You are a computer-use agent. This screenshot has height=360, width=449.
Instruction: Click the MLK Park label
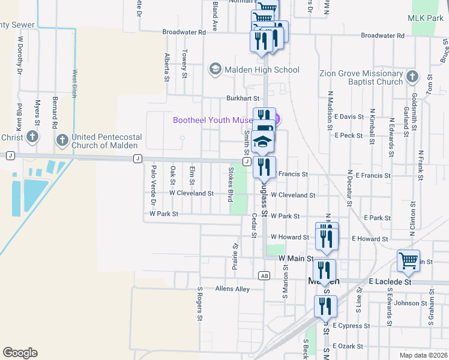(x=426, y=19)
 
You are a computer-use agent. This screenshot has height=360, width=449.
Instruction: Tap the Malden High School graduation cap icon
(x=214, y=70)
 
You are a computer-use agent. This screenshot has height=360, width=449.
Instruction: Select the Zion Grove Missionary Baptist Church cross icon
(x=412, y=76)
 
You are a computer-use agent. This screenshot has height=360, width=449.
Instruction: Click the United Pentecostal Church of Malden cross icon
(x=62, y=140)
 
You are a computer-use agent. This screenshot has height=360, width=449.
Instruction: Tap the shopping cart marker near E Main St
(x=408, y=261)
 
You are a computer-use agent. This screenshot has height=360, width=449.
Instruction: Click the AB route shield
(x=264, y=275)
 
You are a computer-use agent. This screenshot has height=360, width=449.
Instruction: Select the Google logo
(x=20, y=353)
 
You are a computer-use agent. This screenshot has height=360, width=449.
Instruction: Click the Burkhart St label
(x=243, y=98)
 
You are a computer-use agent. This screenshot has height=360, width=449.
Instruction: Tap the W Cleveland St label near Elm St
(x=191, y=193)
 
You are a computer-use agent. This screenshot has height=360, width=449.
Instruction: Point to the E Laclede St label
(x=390, y=281)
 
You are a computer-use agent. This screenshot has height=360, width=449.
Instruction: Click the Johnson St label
(x=411, y=303)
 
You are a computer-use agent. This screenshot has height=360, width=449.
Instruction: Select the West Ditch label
(x=75, y=83)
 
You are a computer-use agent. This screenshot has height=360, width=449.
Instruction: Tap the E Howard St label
(x=370, y=239)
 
